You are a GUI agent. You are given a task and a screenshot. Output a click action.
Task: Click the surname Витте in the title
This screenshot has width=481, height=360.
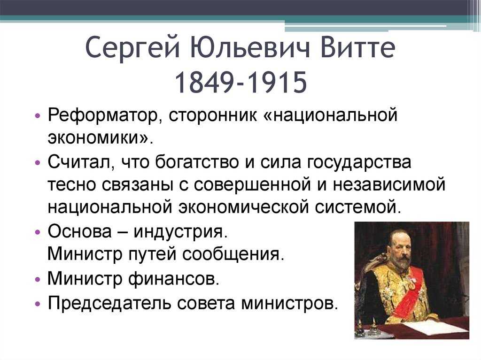pyautogui.click(x=357, y=47)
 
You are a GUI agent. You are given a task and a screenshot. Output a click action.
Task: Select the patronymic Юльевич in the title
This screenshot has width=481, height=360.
pyautogui.click(x=249, y=47)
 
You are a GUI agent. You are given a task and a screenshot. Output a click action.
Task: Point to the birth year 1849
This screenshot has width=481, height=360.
pyautogui.click(x=205, y=82)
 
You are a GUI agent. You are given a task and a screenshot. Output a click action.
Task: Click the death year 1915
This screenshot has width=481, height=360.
pyautogui.click(x=276, y=82)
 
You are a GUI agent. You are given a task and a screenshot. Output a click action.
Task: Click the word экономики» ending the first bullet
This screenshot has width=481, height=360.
pyautogui.click(x=100, y=138)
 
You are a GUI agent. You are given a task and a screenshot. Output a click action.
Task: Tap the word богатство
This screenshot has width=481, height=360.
pyautogui.click(x=196, y=162)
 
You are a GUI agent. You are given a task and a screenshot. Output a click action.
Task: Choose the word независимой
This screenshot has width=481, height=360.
pyautogui.click(x=389, y=184)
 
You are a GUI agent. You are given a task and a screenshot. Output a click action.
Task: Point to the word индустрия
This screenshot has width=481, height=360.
pyautogui.click(x=181, y=232)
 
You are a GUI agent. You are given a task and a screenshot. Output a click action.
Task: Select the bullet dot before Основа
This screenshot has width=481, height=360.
pyautogui.click(x=38, y=232)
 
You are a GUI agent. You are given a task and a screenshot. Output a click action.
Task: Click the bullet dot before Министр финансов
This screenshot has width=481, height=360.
pyautogui.click(x=38, y=279)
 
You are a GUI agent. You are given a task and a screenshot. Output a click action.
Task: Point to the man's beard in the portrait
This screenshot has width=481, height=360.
pyautogui.click(x=402, y=264)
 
